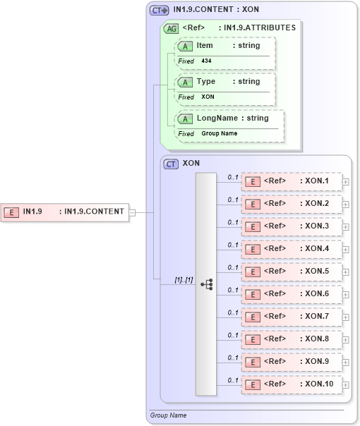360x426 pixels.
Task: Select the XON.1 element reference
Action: click(291, 181)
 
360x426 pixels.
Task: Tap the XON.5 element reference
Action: click(291, 272)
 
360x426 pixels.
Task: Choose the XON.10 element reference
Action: click(291, 384)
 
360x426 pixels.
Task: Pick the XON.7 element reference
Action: click(291, 317)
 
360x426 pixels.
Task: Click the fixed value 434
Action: click(206, 61)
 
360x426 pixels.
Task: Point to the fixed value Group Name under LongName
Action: click(219, 133)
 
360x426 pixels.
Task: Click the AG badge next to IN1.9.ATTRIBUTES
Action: click(171, 29)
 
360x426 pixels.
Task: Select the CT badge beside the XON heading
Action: click(171, 164)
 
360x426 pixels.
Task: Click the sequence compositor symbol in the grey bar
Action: click(206, 284)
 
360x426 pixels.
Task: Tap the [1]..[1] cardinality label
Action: click(184, 280)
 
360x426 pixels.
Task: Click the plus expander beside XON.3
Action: click(345, 226)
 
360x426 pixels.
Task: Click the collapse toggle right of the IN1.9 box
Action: click(132, 211)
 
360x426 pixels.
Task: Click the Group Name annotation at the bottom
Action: click(168, 415)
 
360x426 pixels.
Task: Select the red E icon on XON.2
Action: click(252, 204)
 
